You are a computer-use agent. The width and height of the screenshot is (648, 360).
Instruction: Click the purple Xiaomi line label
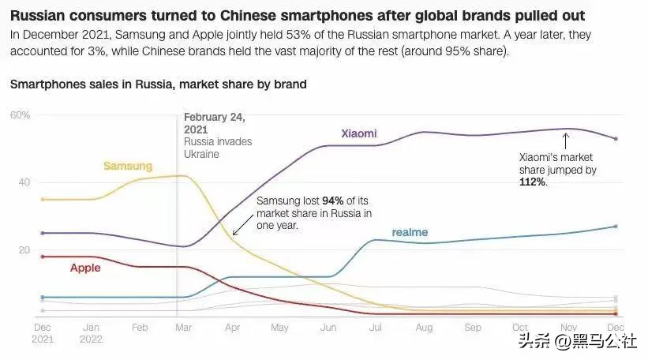tap(358, 133)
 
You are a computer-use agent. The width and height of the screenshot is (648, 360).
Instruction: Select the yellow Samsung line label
tap(128, 167)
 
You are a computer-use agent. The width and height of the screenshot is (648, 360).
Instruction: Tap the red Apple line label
tap(85, 268)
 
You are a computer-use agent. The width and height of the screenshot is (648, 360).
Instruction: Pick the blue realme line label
tap(410, 232)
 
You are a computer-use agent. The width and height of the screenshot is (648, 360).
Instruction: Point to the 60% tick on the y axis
tap(20, 115)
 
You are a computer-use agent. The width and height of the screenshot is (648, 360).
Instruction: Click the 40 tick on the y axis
tap(24, 182)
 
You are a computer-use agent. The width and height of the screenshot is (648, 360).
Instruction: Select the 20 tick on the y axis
tap(24, 250)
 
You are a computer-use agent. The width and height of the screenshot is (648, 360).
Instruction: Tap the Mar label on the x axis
tap(183, 327)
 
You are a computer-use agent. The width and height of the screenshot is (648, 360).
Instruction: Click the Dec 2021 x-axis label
tap(43, 332)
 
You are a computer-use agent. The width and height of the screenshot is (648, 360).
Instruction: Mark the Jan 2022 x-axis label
tap(91, 332)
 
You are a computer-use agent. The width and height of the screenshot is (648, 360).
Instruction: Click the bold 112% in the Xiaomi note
tap(532, 182)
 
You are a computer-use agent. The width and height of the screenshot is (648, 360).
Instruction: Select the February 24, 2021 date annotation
tap(214, 123)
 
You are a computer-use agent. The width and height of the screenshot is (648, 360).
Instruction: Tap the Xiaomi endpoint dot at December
tap(615, 139)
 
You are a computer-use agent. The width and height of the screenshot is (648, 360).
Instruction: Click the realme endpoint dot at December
tap(615, 227)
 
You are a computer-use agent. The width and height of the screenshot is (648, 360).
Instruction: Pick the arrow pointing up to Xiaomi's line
tap(565, 141)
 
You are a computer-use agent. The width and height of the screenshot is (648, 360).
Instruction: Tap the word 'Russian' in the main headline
tap(38, 16)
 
